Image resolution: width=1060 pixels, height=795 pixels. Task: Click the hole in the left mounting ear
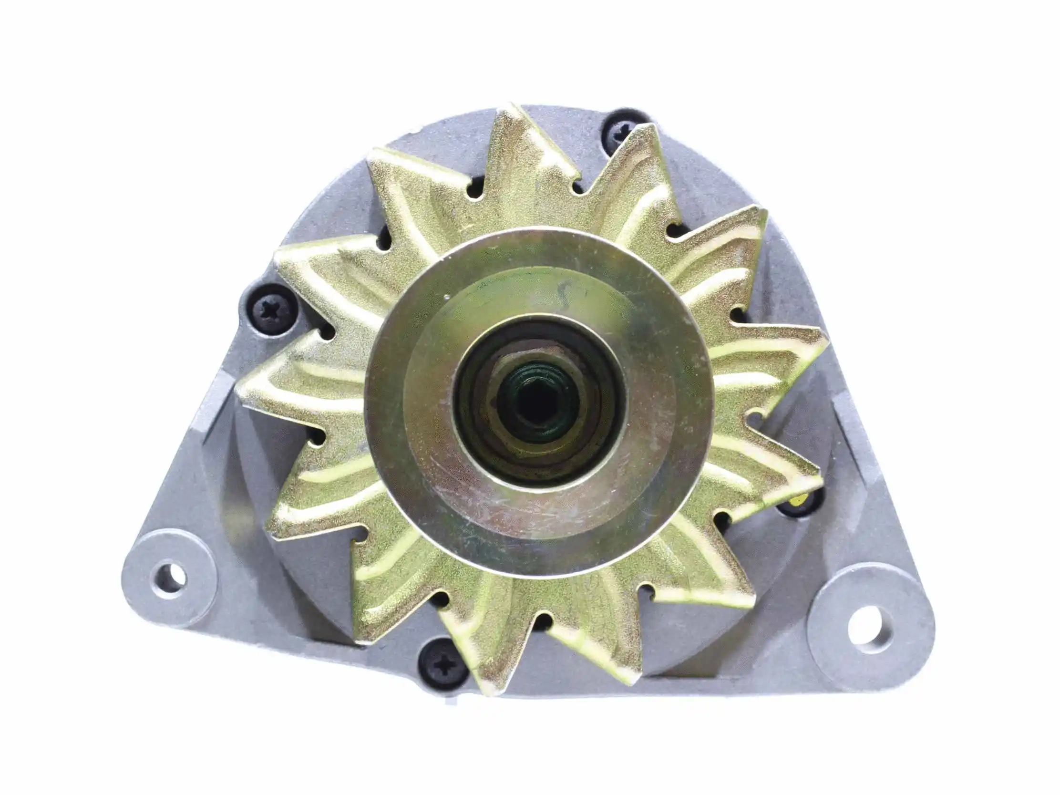point(170,578)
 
